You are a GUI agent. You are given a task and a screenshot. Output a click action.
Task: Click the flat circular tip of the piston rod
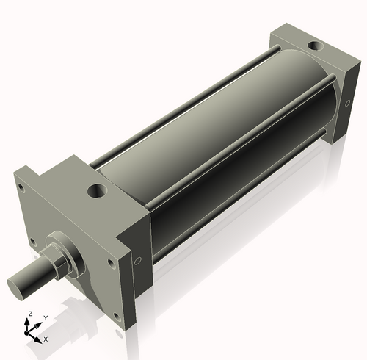17,284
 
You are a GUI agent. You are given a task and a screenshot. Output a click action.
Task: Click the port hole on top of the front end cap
97,192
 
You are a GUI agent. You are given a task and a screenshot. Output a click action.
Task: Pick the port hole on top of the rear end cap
313,46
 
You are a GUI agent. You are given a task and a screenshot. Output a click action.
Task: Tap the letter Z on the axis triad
30,314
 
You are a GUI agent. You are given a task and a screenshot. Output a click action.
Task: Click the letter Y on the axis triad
46,317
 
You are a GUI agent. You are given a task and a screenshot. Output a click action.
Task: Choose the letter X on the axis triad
46,339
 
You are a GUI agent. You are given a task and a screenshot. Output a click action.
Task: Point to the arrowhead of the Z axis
30,321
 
